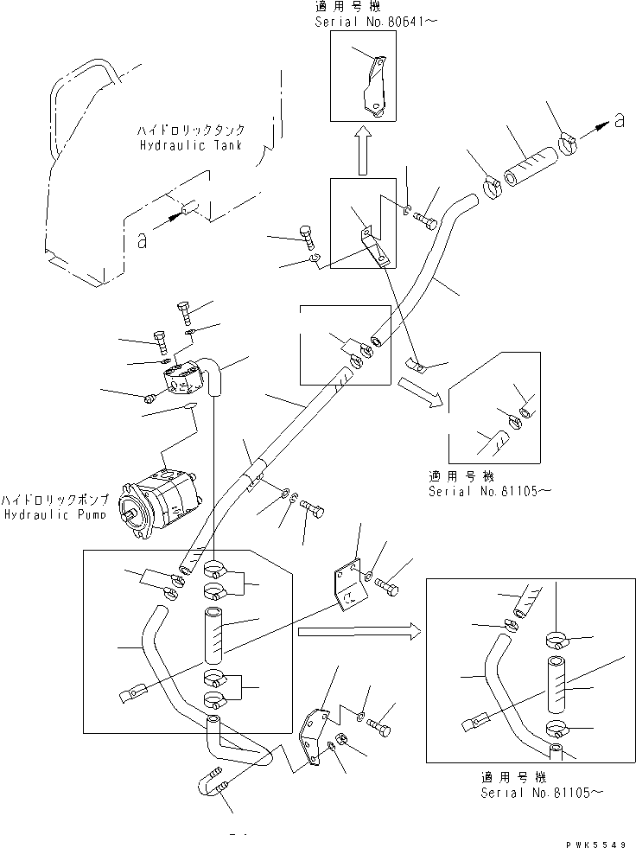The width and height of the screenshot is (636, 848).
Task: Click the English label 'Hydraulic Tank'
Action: point(183,145)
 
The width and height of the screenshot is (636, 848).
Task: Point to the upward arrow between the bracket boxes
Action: point(363,150)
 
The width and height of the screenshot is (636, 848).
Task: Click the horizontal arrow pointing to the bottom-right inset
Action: point(357,632)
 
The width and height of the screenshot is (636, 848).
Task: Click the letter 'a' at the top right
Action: point(619,122)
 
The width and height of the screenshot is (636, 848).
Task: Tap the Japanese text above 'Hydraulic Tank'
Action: point(183,131)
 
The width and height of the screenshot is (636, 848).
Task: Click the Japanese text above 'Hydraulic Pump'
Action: point(54,501)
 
